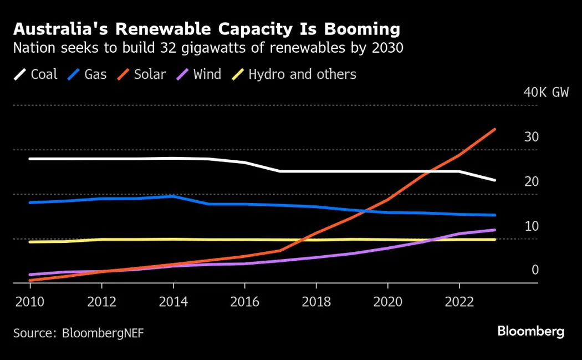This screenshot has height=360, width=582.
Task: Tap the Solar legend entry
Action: [142, 74]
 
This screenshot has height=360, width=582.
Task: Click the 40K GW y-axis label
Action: [546, 92]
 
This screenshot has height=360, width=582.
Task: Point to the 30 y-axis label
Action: [531, 137]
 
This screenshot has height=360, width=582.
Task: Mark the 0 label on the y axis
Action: [535, 270]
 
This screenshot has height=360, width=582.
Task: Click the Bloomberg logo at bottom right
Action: [530, 332]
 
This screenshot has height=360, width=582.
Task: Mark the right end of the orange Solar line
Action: [495, 129]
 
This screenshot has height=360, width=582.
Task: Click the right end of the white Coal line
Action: [495, 180]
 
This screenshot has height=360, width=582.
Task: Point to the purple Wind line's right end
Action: [495, 230]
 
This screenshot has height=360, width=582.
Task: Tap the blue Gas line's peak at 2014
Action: [173, 196]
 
